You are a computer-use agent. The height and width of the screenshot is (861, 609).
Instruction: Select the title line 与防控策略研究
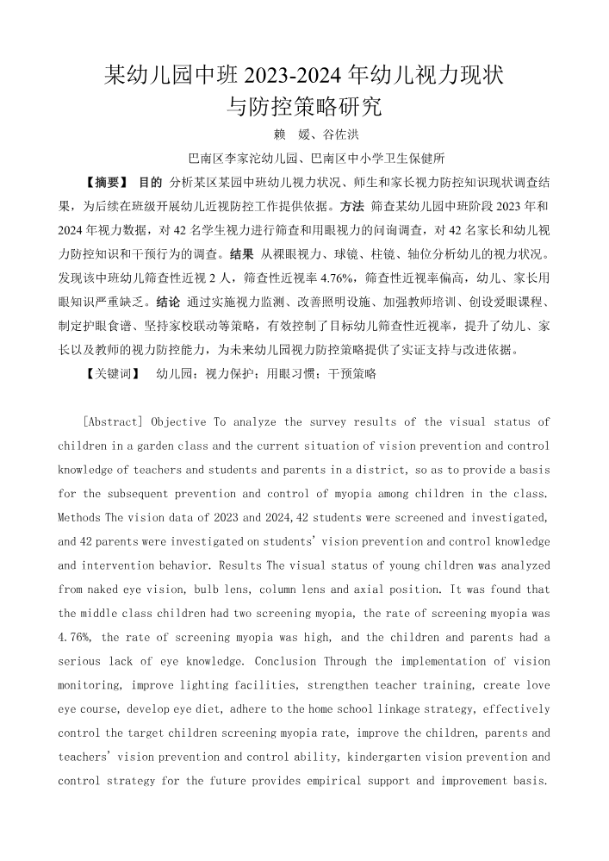pos(304,107)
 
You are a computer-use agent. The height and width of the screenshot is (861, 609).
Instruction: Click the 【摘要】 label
pos(107,183)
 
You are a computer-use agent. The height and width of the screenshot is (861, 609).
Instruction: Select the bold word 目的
pos(150,183)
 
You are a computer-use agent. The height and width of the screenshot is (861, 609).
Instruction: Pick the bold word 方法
pos(352,207)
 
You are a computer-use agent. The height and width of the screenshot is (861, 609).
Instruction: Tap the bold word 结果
pos(242,255)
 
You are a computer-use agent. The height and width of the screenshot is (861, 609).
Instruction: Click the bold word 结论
pos(169,303)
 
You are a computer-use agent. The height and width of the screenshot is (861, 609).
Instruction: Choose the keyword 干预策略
pos(351,375)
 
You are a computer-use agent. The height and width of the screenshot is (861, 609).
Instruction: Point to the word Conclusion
pos(286,661)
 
